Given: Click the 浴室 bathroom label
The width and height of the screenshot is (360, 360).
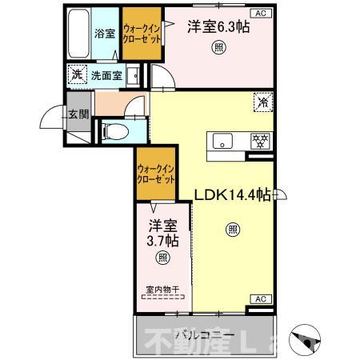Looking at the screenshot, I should coord(105,34).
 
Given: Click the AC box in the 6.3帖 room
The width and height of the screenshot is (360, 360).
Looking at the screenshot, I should coord(261,14).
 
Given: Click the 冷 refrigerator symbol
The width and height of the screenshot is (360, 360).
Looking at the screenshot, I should coord(261,102).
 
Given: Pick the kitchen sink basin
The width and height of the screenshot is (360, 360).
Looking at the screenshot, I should coord(220,142).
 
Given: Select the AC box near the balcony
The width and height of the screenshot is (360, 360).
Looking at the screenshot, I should coord(261,298).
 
